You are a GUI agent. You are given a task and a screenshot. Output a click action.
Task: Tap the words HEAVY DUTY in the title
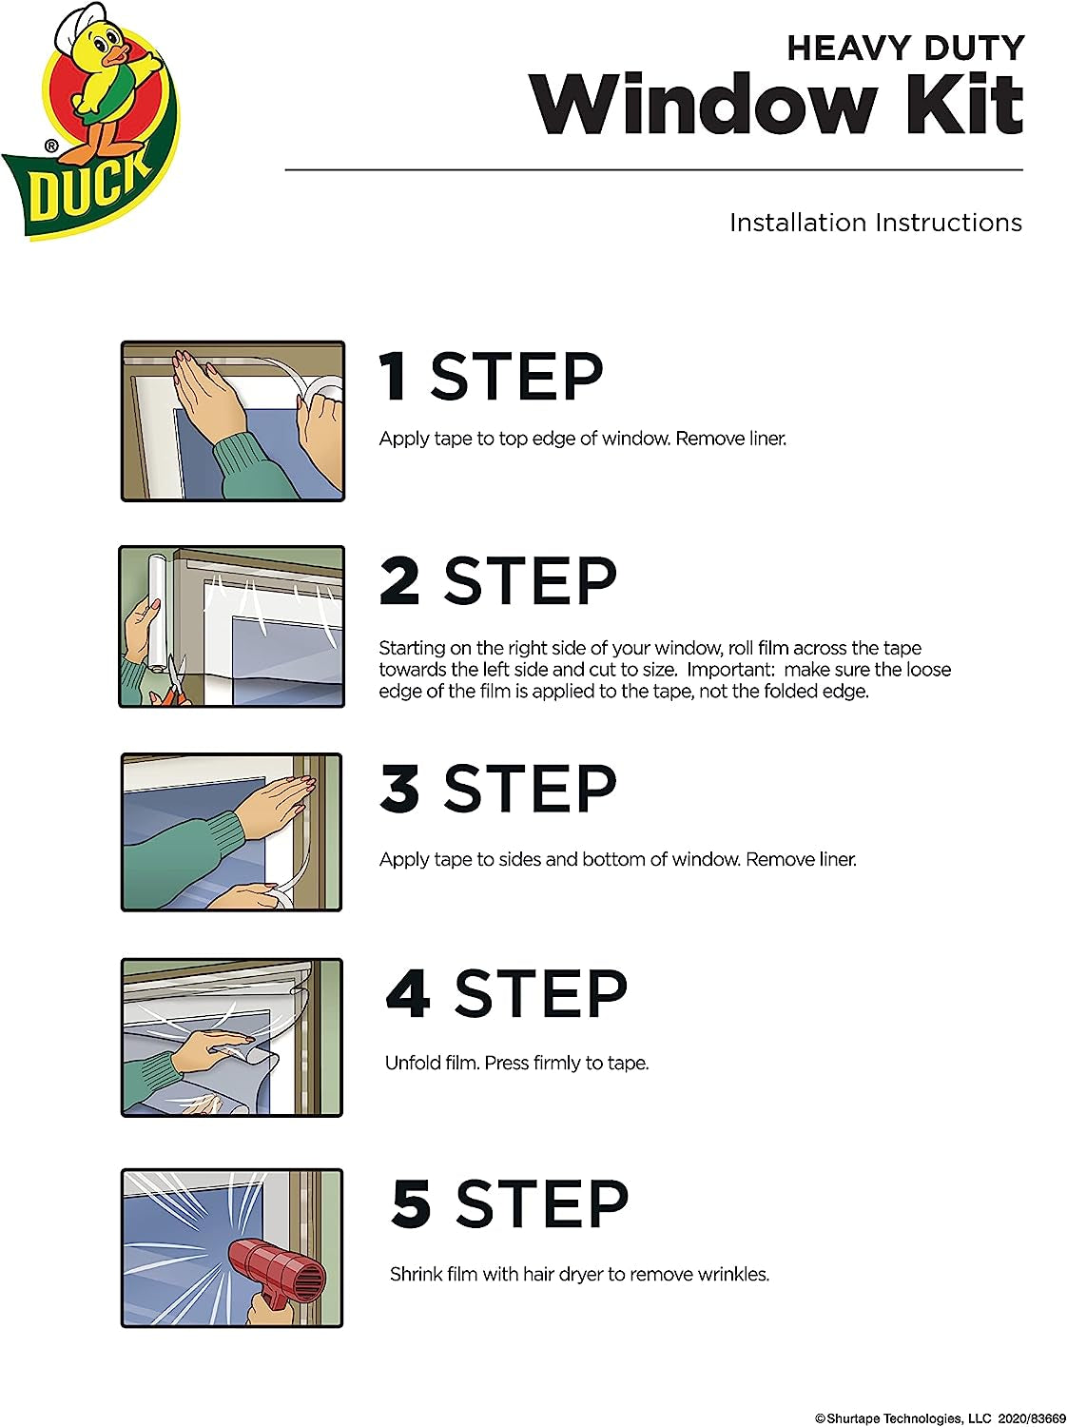point(904,48)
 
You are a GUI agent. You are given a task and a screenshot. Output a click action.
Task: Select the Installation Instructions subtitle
point(875,223)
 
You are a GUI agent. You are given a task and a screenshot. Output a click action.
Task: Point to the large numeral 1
point(394,377)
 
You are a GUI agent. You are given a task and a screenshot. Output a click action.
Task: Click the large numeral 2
point(399,580)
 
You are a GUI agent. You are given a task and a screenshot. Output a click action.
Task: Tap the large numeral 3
point(399,789)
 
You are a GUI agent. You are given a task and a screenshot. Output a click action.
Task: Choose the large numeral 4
point(408,993)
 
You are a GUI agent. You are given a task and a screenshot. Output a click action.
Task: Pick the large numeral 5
point(412,1203)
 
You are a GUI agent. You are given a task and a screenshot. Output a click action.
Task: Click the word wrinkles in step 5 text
point(732,1274)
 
